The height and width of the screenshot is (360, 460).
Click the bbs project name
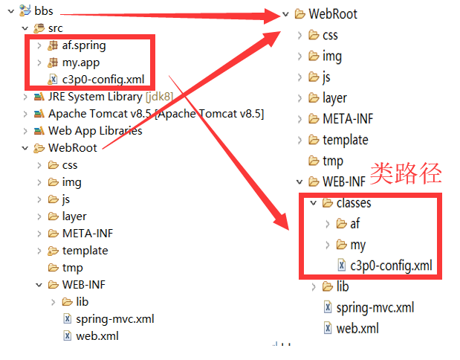(x=44, y=13)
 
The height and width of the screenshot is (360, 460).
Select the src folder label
(x=56, y=28)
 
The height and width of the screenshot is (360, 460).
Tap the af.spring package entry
(x=84, y=45)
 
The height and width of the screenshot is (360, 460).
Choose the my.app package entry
(x=82, y=62)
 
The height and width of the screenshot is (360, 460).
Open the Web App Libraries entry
(x=95, y=131)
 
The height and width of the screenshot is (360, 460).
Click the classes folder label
(x=354, y=202)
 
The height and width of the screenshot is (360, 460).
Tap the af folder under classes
(x=354, y=223)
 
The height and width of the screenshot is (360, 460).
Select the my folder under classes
(x=357, y=244)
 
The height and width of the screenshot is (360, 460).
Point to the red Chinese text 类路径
(x=406, y=173)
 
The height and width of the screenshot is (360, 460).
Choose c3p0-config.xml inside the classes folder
(x=391, y=265)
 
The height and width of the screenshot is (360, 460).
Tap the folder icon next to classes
(x=327, y=202)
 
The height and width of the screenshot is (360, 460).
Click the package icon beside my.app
(x=53, y=62)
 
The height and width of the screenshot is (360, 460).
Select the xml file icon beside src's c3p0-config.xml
(x=53, y=80)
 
